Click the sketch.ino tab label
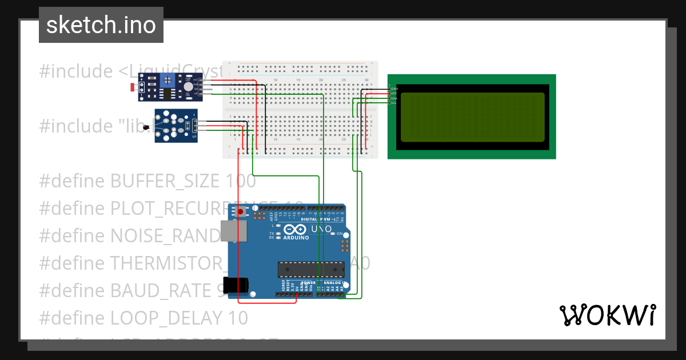pyautogui.click(x=101, y=25)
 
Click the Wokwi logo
pyautogui.click(x=607, y=315)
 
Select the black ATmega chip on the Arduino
pyautogui.click(x=311, y=269)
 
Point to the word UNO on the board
pyautogui.click(x=321, y=229)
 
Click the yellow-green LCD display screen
pyautogui.click(x=472, y=117)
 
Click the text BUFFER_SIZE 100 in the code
pyautogui.click(x=183, y=181)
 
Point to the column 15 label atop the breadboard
pyautogui.click(x=298, y=79)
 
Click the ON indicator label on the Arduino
pyautogui.click(x=340, y=234)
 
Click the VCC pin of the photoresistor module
pyautogui.click(x=196, y=79)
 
